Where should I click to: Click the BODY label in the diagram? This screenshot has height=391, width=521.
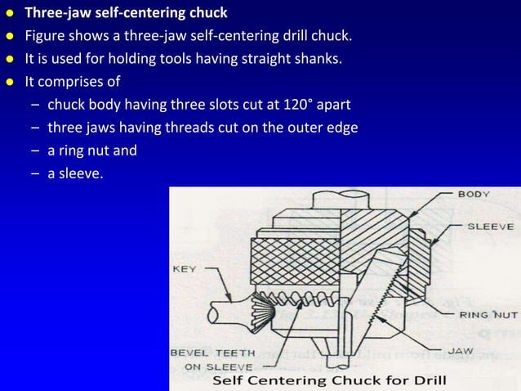coord(474,195)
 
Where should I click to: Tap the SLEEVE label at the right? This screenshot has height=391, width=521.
coord(490,226)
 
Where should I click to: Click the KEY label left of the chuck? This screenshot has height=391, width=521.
coord(185,267)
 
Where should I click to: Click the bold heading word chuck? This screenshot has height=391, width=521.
coord(208,13)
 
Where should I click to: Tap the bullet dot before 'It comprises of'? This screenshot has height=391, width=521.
coord(10,82)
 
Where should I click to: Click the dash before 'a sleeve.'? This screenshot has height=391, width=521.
coord(38,173)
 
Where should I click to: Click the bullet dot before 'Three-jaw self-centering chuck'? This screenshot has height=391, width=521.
coord(10,13)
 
